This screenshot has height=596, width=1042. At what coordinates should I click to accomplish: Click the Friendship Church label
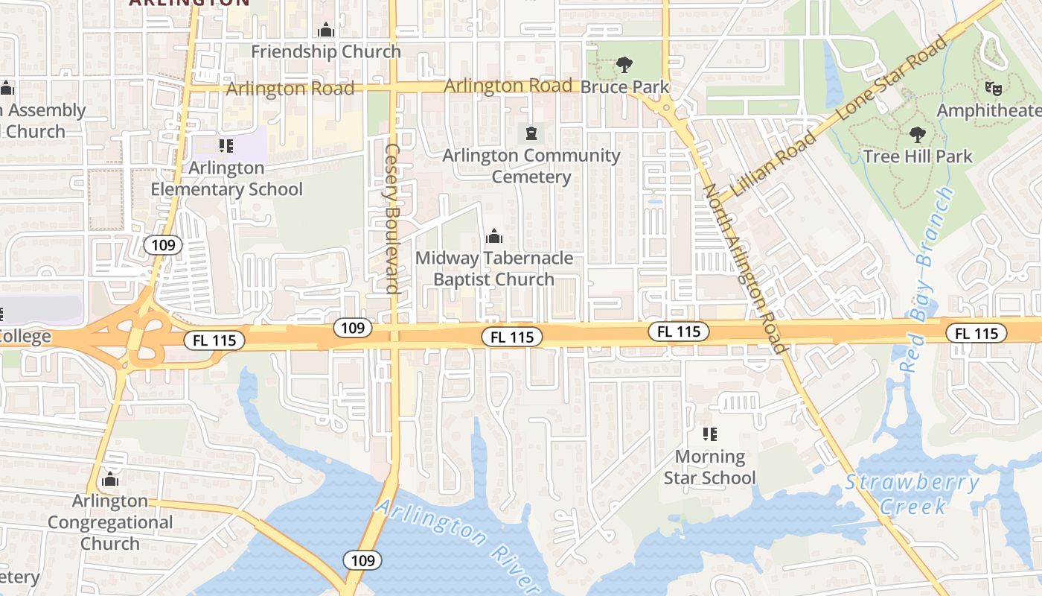[325, 51]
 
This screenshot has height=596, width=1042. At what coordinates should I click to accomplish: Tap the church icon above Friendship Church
[325, 31]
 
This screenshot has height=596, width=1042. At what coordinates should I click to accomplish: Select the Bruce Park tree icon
[624, 66]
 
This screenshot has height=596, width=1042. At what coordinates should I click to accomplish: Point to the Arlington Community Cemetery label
[531, 166]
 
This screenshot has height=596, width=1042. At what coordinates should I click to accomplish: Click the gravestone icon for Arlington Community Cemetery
[531, 134]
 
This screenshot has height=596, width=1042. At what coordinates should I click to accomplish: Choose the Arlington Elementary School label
[226, 179]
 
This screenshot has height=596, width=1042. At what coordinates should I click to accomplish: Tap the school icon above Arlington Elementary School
[226, 146]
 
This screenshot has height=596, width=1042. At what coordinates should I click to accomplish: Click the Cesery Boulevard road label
[393, 218]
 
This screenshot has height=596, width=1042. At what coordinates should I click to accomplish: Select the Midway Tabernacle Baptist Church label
[493, 268]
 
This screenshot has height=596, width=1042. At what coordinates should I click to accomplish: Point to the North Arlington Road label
[744, 268]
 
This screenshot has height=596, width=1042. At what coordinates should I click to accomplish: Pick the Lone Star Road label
[893, 77]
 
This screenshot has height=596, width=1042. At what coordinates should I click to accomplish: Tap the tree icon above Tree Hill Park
[918, 135]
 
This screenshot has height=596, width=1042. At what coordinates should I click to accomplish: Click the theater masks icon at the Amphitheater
[992, 89]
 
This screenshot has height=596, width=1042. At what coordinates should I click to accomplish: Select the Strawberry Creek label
[912, 494]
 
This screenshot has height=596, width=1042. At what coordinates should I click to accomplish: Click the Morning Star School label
[709, 466]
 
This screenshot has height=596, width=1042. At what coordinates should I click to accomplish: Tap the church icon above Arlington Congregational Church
[110, 479]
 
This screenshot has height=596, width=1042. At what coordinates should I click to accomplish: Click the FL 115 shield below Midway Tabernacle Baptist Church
[512, 337]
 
